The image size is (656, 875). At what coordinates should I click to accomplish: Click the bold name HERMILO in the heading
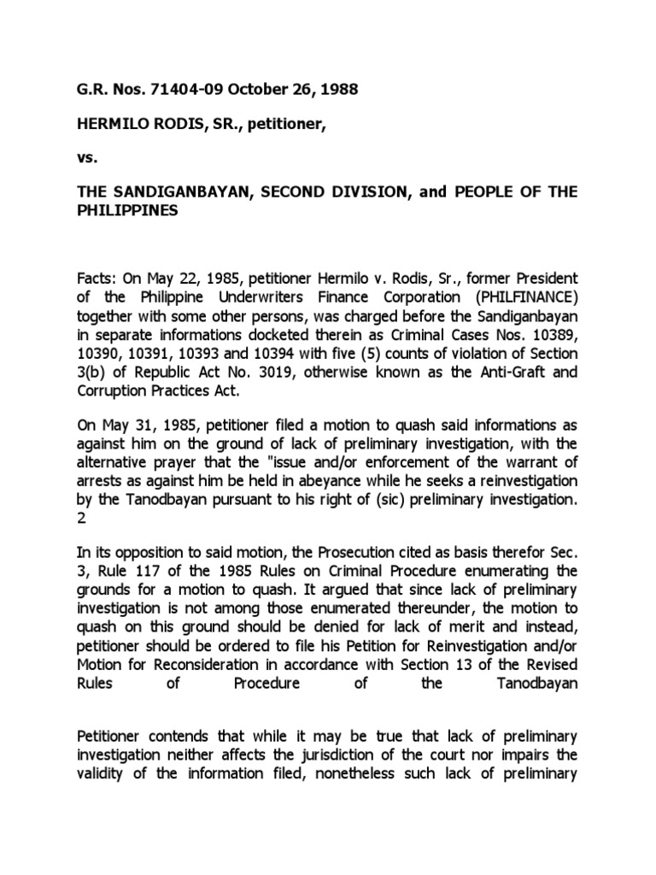(x=109, y=126)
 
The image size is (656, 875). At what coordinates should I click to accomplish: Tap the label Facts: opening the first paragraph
(x=99, y=279)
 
